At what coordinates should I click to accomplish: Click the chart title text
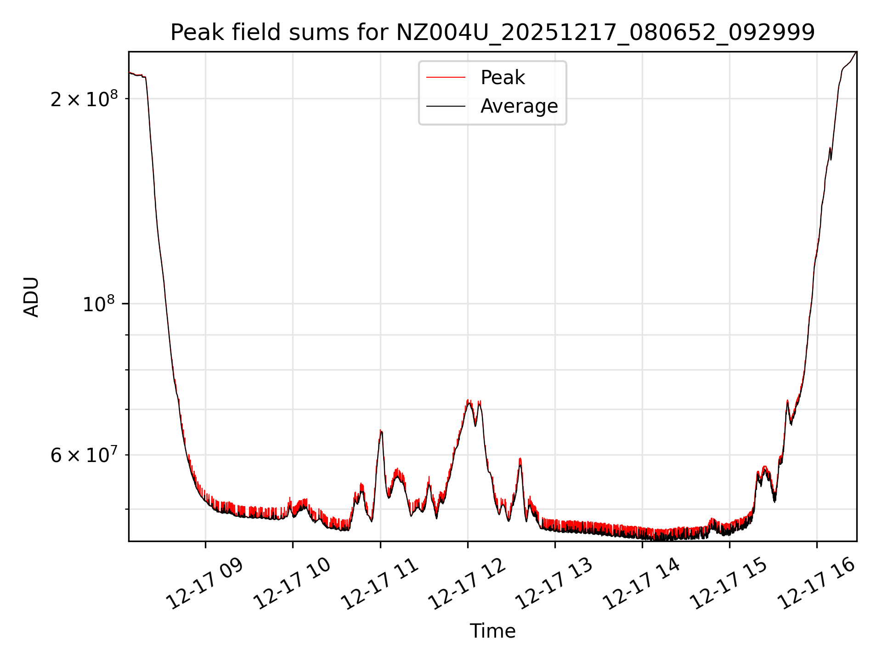pos(492,33)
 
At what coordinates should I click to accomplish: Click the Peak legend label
pos(503,78)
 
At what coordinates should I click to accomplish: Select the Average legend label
pos(519,106)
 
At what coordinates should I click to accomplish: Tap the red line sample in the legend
pos(446,78)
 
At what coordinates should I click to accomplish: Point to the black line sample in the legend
pos(446,106)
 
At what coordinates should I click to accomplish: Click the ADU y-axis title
pos(31,297)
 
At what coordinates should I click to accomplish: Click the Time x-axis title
pos(492,631)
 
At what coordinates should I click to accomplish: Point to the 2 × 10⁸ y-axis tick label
pos(84,99)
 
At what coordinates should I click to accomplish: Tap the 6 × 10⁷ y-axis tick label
pos(84,455)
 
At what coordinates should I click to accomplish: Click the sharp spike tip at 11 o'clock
pos(381,430)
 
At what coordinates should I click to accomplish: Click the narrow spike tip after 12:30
pos(520,459)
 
